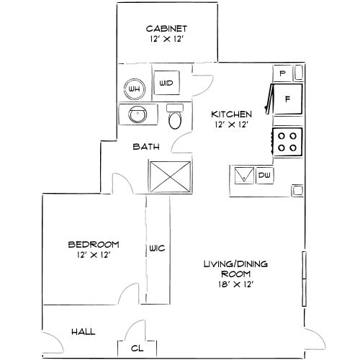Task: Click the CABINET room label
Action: pos(166,29)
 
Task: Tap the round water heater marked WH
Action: pos(135,89)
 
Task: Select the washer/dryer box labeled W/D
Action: pos(166,83)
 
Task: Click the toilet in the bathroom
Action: pos(175,117)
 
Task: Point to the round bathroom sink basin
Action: pos(138,114)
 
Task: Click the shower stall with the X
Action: pos(170,177)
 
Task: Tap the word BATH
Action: pos(146,147)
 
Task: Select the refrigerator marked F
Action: pos(287,99)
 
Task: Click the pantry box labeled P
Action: pos(282,73)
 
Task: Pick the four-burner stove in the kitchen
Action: pos(287,142)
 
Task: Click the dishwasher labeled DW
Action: pos(264,176)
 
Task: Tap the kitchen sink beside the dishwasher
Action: pos(244,176)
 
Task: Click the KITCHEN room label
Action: pos(231,114)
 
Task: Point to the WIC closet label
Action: pos(157,248)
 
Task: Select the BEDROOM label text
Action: pos(94,245)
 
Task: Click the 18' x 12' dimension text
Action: pos(236,284)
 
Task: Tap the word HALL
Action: pos(84,332)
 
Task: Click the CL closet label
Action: pos(137,348)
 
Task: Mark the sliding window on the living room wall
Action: pos(304,279)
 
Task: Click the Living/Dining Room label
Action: pos(235,269)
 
